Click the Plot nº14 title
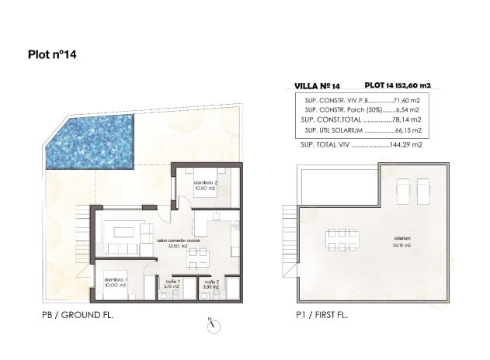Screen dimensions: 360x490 tap(51, 55)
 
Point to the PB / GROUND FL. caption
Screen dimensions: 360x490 tap(78, 317)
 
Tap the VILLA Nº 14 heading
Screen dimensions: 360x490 tap(318, 87)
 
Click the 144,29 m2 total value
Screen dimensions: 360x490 tap(406, 145)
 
